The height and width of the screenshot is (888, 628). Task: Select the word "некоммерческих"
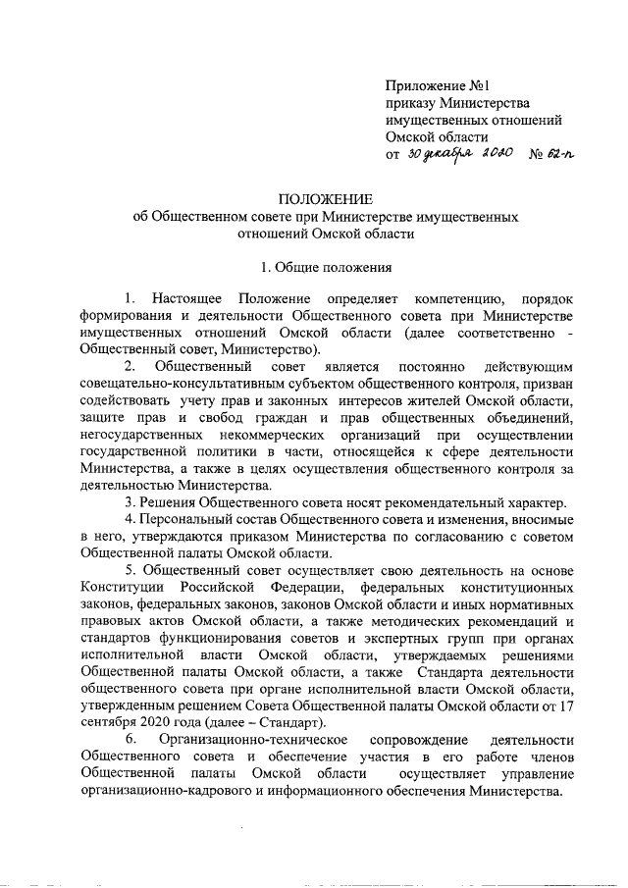click(266, 436)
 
